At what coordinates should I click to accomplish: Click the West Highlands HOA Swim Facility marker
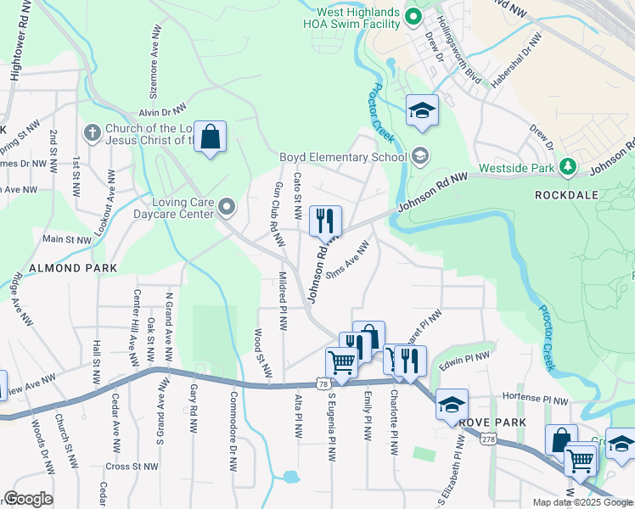tap(413, 16)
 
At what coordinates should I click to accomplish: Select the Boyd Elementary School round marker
tap(419, 156)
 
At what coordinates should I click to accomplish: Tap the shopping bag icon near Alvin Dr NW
tap(210, 137)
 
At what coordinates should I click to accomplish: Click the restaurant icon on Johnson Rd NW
tap(325, 221)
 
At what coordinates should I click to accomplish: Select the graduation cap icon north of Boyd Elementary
tap(422, 111)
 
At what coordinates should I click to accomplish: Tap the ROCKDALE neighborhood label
tap(566, 194)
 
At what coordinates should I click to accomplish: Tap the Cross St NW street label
tap(132, 467)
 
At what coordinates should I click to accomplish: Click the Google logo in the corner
tap(28, 499)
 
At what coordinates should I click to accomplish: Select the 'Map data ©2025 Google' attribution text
tap(582, 502)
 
